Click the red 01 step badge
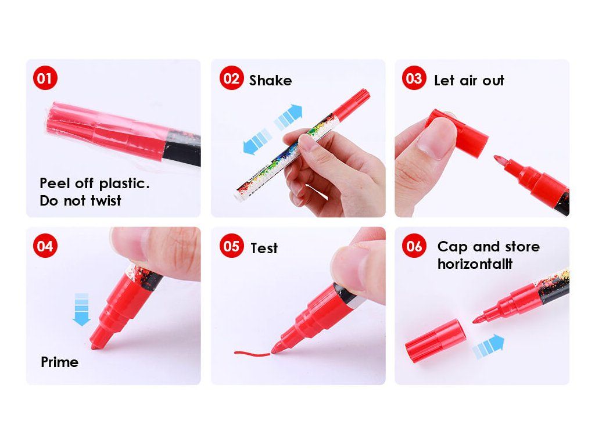[45, 78]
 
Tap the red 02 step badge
[231, 78]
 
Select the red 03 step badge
[414, 78]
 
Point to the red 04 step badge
[45, 246]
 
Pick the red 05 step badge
[231, 246]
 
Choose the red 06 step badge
[414, 246]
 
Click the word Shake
[270, 80]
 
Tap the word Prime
[60, 362]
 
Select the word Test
[264, 248]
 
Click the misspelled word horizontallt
[475, 264]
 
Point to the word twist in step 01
[106, 200]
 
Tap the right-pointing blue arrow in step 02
[288, 117]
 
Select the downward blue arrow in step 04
[81, 310]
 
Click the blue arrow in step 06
[488, 346]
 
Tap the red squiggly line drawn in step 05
[252, 354]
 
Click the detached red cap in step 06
[435, 340]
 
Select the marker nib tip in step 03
[496, 157]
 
